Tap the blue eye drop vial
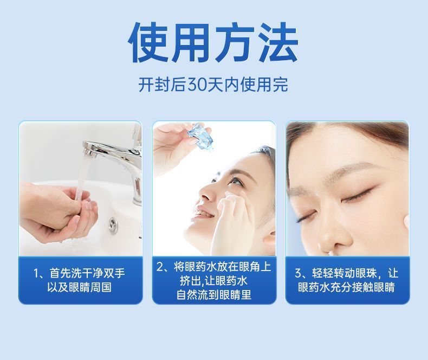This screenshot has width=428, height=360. pyautogui.click(x=199, y=138)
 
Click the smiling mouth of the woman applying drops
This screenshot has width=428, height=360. pyautogui.click(x=205, y=215)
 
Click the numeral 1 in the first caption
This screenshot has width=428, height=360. pyautogui.click(x=37, y=273)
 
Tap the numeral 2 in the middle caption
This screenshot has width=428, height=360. pyautogui.click(x=160, y=267)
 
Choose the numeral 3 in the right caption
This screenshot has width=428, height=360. pyautogui.click(x=299, y=273)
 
